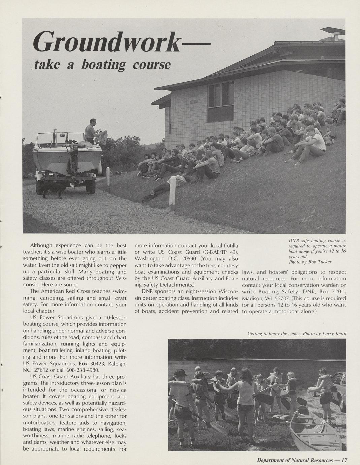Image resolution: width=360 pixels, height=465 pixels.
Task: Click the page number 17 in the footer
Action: (x=344, y=460)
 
